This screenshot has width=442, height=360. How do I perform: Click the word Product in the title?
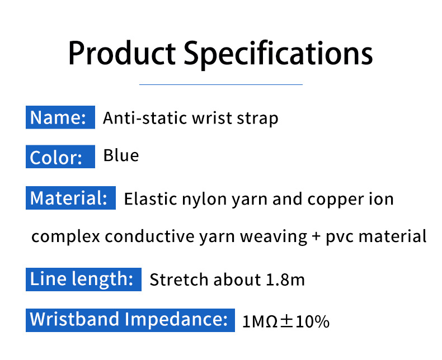121,54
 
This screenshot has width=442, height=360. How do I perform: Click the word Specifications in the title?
278,54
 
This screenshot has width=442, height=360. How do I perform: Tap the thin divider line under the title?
220,84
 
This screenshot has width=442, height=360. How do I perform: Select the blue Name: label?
58,118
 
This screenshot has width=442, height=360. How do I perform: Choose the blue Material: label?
70,198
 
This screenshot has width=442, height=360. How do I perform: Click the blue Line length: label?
82,278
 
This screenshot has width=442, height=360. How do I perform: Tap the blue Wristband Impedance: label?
129,319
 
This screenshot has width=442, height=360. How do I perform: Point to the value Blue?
121,155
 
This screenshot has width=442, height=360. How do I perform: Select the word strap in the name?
257,119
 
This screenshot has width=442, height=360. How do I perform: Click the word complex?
65,237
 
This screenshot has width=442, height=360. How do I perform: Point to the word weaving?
274,237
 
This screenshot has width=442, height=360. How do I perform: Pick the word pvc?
338,237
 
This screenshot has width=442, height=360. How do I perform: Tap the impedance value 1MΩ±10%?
286,322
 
